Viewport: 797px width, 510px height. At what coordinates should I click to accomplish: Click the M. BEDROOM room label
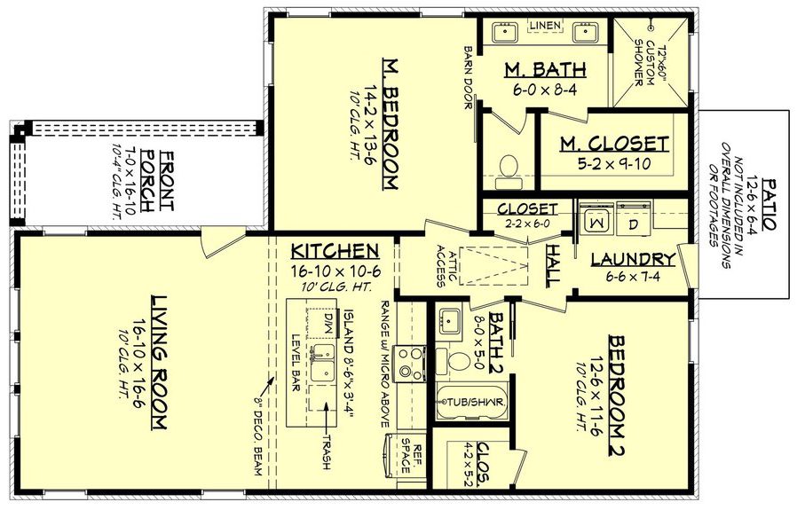click(390, 123)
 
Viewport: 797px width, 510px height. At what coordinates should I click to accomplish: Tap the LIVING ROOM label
click(160, 362)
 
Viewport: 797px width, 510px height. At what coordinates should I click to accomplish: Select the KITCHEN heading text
click(335, 251)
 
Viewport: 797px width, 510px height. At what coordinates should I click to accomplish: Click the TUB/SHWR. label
click(476, 403)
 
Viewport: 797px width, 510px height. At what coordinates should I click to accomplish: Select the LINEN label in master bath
click(546, 25)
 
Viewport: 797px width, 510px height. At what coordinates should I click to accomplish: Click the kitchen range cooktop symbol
click(411, 363)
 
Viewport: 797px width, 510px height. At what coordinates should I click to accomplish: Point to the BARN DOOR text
click(469, 78)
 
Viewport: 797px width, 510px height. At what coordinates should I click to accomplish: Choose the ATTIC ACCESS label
click(446, 266)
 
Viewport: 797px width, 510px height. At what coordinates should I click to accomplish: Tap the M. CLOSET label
click(614, 145)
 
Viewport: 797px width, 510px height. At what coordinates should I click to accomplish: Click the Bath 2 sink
click(450, 321)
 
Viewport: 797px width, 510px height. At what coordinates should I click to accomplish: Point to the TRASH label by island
click(326, 452)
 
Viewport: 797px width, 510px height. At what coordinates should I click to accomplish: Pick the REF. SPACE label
click(412, 459)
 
